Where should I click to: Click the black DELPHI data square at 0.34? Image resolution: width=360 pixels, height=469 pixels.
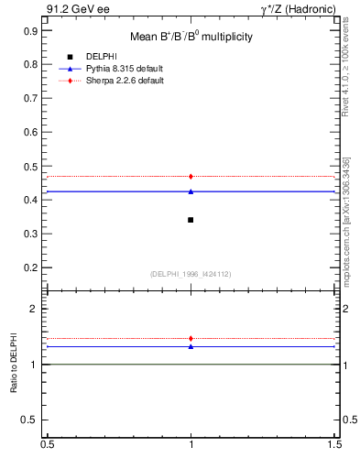[191, 220]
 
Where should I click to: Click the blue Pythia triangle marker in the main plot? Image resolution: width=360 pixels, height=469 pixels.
[191, 191]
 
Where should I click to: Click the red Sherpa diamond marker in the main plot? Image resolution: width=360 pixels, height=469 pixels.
[191, 176]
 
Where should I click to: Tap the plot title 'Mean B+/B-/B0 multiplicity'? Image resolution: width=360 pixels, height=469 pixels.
[191, 37]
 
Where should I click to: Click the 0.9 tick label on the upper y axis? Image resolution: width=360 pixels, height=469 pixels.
[29, 30]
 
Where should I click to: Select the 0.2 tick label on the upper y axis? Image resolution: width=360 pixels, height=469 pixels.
[29, 267]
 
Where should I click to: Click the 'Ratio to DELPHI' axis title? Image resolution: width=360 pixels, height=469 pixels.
[15, 365]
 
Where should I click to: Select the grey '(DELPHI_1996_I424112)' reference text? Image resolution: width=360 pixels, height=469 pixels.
[191, 274]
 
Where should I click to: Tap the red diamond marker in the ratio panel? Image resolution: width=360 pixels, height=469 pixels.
[191, 339]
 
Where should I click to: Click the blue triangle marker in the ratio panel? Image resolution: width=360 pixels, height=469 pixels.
[191, 346]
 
